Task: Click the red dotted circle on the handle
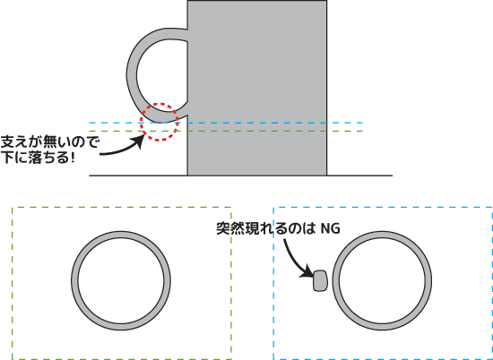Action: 159,104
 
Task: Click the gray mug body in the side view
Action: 257,88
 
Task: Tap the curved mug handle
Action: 132,75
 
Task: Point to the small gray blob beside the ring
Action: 320,280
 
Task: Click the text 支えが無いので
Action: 49,143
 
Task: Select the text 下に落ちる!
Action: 38,158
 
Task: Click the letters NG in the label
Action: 330,228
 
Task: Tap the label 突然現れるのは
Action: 265,228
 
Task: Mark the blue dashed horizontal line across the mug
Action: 226,123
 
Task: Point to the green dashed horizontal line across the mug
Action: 226,131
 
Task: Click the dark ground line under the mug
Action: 241,176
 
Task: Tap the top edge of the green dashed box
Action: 122,208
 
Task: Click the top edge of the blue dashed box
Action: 383,208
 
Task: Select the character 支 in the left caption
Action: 7,143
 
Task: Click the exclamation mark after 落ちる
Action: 73,158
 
